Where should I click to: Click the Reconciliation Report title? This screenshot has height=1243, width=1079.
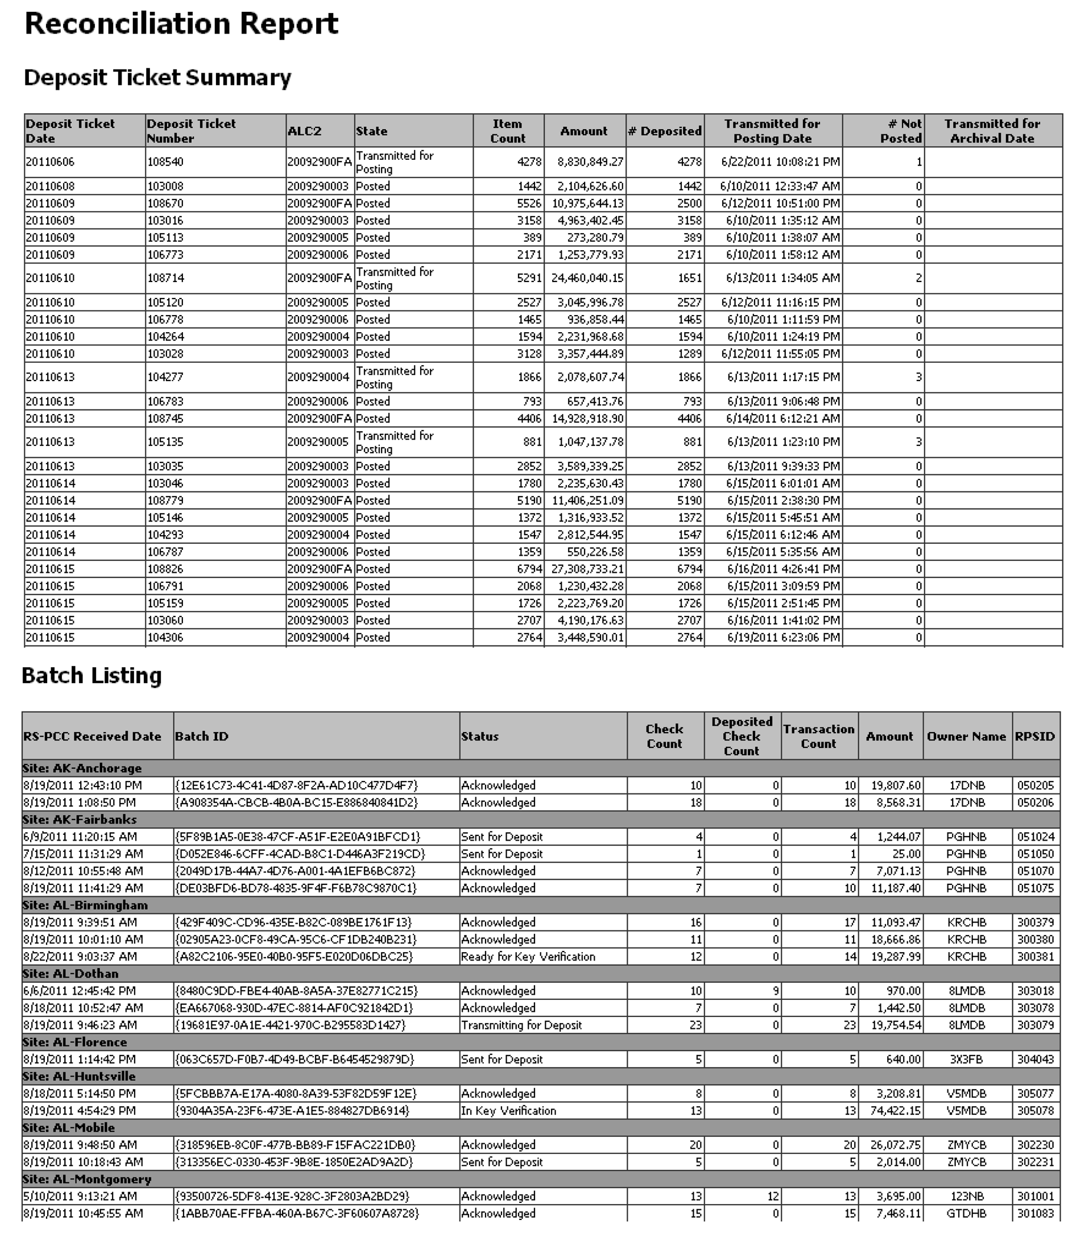[181, 24]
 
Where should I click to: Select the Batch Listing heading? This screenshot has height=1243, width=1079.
[91, 675]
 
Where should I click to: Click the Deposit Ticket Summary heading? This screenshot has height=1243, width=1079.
[157, 78]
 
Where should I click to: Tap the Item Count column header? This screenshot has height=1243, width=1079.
[507, 131]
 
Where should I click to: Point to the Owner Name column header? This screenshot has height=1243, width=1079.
[966, 736]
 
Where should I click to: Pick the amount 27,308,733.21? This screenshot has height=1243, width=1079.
[587, 569]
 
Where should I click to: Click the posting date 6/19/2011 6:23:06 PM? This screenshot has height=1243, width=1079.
[783, 637]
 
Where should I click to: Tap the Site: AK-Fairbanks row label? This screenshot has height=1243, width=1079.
[80, 819]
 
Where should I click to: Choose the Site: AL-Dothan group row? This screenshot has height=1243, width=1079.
[70, 974]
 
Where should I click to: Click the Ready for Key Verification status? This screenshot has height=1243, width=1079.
[528, 956]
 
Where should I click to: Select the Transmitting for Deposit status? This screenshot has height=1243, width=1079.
[522, 1025]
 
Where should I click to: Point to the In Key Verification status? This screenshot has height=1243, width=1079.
[508, 1110]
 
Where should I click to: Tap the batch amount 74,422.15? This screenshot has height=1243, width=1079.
[896, 1110]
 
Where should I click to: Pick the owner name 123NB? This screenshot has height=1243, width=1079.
[966, 1196]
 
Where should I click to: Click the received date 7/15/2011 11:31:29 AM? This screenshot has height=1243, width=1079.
[83, 854]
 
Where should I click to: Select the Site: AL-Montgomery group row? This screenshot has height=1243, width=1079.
[87, 1179]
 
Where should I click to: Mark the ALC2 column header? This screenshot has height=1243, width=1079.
[304, 131]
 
